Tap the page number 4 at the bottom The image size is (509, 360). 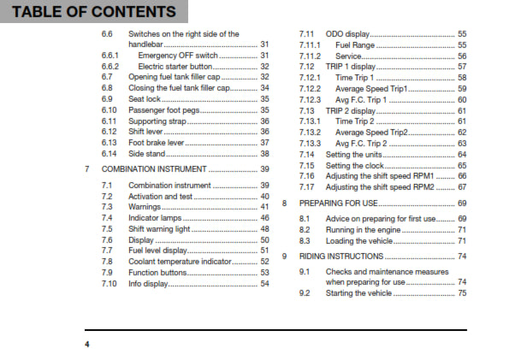86,344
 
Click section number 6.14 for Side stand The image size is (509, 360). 109,153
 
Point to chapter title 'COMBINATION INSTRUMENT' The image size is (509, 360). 152,169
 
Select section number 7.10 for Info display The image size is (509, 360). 109,283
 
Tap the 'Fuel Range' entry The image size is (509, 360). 358,44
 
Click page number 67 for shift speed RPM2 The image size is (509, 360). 462,186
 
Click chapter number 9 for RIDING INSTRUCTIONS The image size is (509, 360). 285,257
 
